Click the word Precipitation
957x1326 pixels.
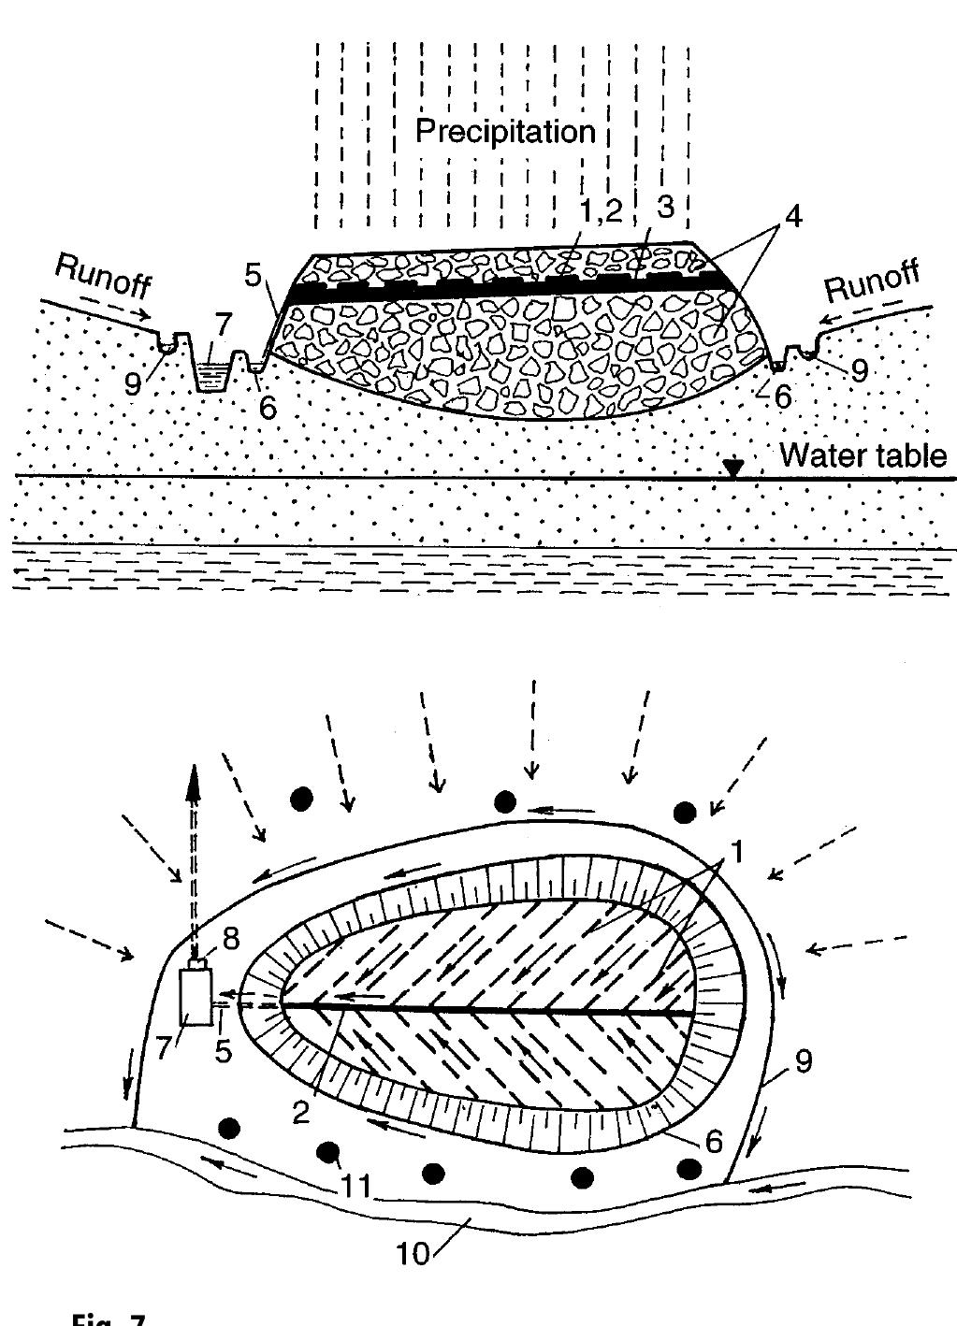pyautogui.click(x=505, y=131)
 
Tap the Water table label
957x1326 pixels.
pyautogui.click(x=862, y=455)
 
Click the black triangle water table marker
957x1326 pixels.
pyautogui.click(x=733, y=468)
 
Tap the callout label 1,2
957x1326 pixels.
pyautogui.click(x=600, y=211)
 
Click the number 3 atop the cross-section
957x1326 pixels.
pyautogui.click(x=665, y=208)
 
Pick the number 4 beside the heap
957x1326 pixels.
pyautogui.click(x=793, y=215)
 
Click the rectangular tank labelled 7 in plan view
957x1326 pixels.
pyautogui.click(x=196, y=997)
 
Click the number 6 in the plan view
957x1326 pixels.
pyautogui.click(x=714, y=1141)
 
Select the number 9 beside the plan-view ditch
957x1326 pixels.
pyautogui.click(x=802, y=1060)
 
